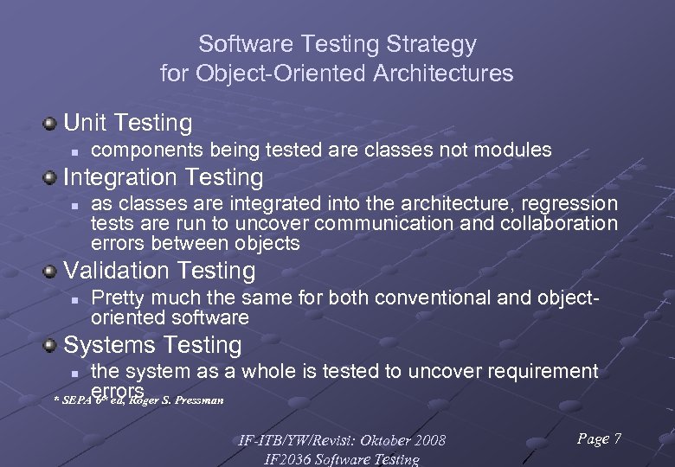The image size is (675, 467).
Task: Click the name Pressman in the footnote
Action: [x=200, y=400]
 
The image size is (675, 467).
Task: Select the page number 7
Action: [x=616, y=439]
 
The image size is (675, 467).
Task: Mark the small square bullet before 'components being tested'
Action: [x=75, y=151]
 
